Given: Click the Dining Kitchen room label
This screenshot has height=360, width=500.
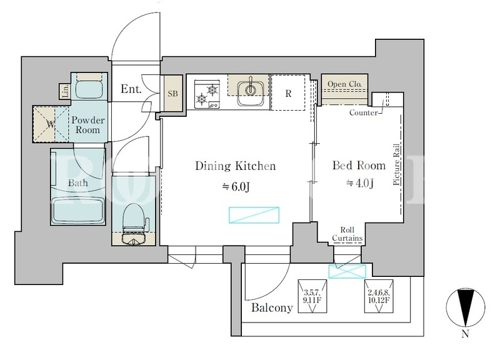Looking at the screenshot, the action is click(236, 166).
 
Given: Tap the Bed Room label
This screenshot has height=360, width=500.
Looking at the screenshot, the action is click(359, 165).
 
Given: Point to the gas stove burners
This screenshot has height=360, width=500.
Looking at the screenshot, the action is click(207, 94).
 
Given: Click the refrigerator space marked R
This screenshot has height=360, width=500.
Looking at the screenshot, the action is click(288, 92).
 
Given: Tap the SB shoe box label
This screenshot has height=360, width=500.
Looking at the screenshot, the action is click(173, 94).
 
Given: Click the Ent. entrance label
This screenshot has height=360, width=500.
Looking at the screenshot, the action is click(131, 89).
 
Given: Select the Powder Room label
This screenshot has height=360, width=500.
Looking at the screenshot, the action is click(87, 125).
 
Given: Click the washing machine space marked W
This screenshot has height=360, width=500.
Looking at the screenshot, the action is click(51, 124).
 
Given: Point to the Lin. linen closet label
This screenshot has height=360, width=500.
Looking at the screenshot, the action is click(66, 91).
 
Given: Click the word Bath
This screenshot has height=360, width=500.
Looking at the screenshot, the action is click(77, 183).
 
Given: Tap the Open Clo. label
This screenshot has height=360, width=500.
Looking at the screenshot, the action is click(345, 84).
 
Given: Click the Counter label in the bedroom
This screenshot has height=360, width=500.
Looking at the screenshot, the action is click(364, 112).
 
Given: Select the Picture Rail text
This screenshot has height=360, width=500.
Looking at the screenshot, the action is click(397, 164).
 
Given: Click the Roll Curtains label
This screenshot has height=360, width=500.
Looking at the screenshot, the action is click(347, 234).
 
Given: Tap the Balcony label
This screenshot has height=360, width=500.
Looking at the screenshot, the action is click(272, 307).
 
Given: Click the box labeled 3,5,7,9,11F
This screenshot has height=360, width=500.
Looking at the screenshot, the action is click(312, 296).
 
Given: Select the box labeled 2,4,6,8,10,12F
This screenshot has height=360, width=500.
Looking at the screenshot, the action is click(379, 296).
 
